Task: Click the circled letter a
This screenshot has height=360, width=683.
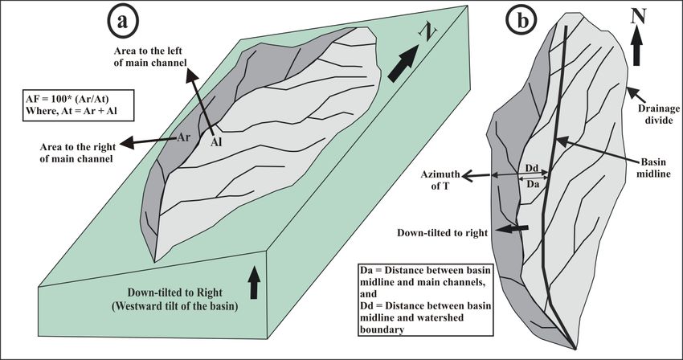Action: (122, 20)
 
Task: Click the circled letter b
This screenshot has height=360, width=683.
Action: (522, 21)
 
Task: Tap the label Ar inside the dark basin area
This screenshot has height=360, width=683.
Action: (183, 137)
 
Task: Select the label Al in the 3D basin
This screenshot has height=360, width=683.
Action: (216, 142)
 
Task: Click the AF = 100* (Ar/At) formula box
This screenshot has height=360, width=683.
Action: (72, 104)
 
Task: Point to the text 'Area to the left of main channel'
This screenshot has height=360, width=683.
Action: (150, 57)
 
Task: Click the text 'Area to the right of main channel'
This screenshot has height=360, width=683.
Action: (76, 153)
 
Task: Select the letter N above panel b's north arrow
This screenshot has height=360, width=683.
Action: (638, 17)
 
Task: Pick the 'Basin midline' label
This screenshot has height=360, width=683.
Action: (653, 168)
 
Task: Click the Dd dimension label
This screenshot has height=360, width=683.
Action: (531, 168)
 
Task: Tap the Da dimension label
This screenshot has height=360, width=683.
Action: (534, 184)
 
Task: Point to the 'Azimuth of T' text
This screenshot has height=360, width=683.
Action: (440, 180)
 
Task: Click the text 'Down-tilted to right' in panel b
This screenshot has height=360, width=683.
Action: (442, 233)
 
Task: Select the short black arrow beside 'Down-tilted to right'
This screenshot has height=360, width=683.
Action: (513, 229)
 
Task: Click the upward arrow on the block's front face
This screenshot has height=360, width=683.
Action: (255, 284)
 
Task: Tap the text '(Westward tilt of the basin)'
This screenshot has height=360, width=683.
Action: (175, 306)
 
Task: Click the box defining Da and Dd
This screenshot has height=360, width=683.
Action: (426, 299)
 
